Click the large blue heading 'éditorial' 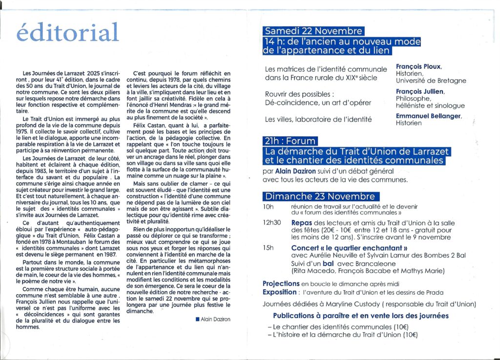pyautogui.click(x=67, y=33)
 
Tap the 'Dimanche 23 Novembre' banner pyautogui.click(x=320, y=196)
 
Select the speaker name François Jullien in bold pyautogui.click(x=420, y=91)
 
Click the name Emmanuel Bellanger pyautogui.click(x=428, y=116)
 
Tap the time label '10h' pyautogui.click(x=268, y=207)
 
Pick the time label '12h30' pyautogui.click(x=271, y=222)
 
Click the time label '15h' pyautogui.click(x=268, y=248)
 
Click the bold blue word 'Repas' pyautogui.click(x=302, y=222)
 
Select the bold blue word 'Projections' pyautogui.click(x=281, y=283)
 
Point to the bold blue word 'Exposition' pyautogui.click(x=279, y=292)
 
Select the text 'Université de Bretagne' pyautogui.click(x=431, y=81)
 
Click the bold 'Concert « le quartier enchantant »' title pyautogui.click(x=349, y=248)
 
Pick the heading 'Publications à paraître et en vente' pyautogui.click(x=360, y=316)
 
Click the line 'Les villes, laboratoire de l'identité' pyautogui.click(x=318, y=119)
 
